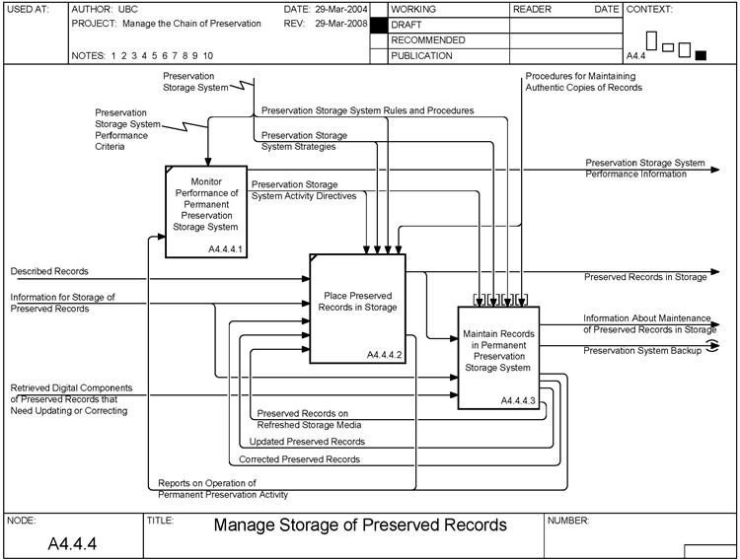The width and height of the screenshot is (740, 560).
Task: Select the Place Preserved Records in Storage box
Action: tap(357, 307)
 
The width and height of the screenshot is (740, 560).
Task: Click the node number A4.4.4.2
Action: tap(385, 353)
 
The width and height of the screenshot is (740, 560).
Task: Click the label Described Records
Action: tap(49, 271)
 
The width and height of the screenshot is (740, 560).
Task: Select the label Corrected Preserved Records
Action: tap(299, 459)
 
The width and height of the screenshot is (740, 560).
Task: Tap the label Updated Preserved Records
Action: tap(307, 442)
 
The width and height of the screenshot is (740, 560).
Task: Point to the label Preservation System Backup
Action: tap(641, 350)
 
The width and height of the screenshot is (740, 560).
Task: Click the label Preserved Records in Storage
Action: tap(645, 277)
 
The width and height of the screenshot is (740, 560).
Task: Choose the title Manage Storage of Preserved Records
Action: tap(360, 525)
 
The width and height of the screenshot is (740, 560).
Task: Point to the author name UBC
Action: tap(125, 9)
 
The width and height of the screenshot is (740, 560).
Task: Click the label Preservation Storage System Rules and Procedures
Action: tap(367, 110)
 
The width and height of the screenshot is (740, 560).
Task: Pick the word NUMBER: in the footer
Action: tap(568, 520)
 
